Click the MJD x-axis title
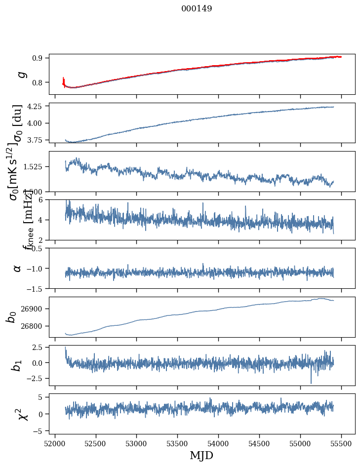coord(201,455)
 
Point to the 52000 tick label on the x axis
coord(55,443)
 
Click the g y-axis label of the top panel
coord(21,75)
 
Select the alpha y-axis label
coord(17,268)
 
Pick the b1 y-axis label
coord(17,365)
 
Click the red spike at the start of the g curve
coord(64,80)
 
